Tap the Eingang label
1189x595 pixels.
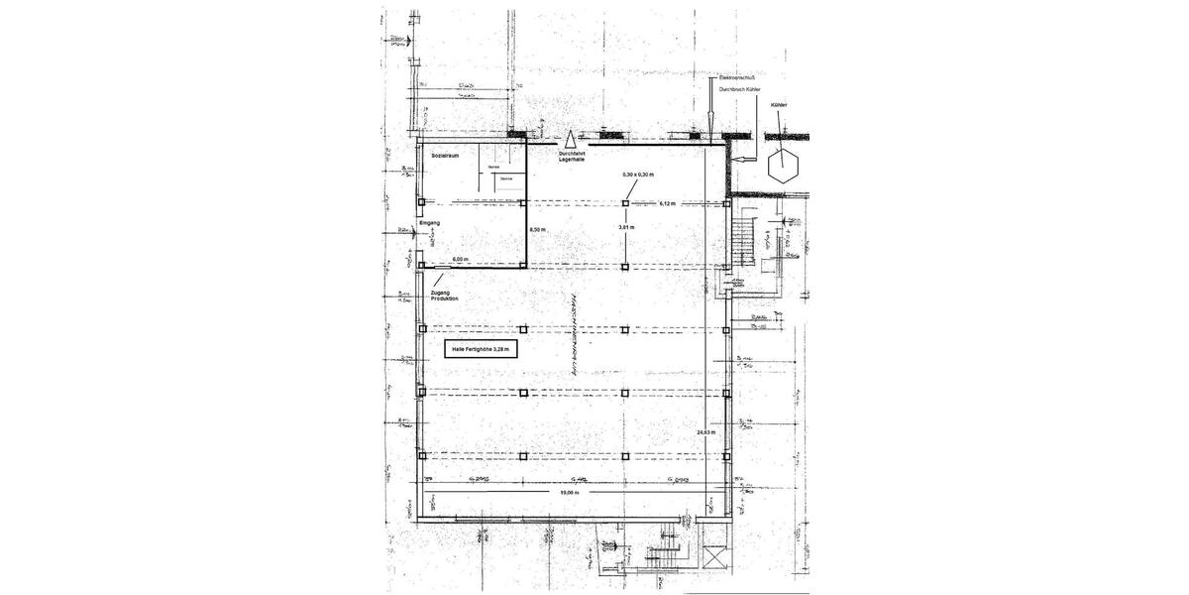(429, 223)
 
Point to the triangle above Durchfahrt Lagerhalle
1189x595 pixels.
(571, 140)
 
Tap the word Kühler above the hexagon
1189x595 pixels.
(778, 103)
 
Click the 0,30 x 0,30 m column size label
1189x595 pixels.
(638, 175)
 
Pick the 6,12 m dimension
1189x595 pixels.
(667, 203)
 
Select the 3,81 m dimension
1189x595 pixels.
(625, 227)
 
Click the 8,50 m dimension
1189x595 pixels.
(538, 230)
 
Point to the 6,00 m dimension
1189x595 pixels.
(461, 259)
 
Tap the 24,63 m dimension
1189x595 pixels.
(704, 433)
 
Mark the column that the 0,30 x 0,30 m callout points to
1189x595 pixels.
(625, 202)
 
